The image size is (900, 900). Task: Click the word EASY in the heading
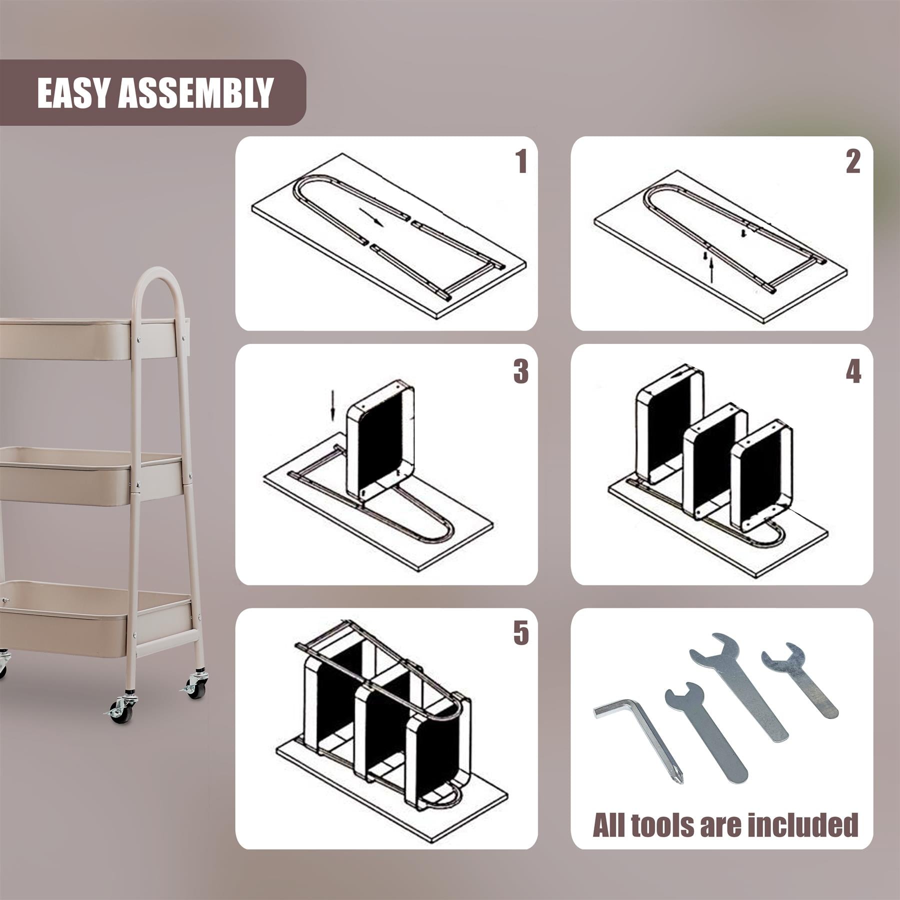[x=74, y=92]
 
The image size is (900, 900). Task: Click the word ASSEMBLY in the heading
[x=195, y=92]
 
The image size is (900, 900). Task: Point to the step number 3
[x=520, y=371]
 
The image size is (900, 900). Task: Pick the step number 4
[x=853, y=371]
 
